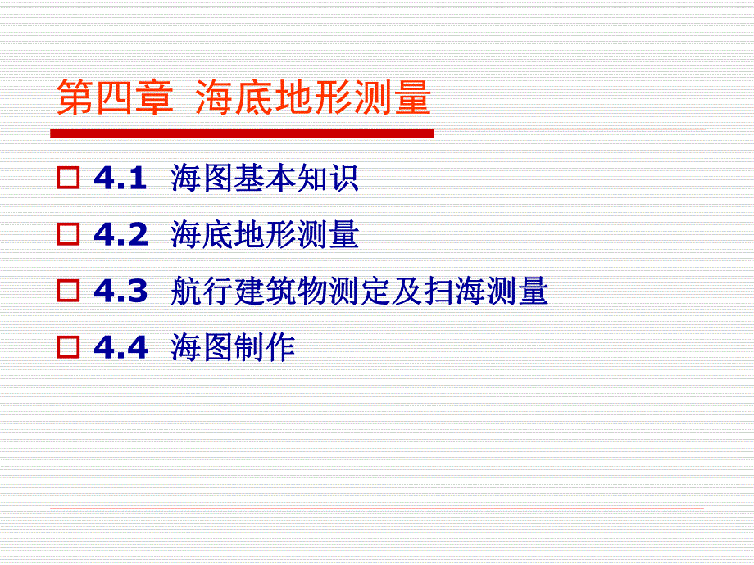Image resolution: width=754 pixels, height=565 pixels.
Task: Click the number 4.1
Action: [x=120, y=179]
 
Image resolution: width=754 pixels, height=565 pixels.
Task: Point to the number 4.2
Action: [x=120, y=235]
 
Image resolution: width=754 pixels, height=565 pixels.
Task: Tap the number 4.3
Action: [x=120, y=292]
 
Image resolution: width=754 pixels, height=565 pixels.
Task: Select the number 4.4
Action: [x=120, y=348]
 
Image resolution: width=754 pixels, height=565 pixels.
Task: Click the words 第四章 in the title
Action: [x=115, y=99]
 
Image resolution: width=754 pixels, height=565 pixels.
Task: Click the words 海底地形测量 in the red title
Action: [x=313, y=99]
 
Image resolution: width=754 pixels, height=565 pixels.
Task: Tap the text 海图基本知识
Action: [x=265, y=179]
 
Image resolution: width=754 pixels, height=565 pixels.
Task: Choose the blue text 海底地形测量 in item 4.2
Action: [x=265, y=235]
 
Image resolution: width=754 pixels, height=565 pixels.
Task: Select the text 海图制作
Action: [x=233, y=348]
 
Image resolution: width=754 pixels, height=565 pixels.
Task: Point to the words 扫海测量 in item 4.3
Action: [x=486, y=292]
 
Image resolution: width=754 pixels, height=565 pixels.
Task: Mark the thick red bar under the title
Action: [x=242, y=133]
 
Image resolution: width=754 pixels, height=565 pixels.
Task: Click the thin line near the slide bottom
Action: [x=377, y=508]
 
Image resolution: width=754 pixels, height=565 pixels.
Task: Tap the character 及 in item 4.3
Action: [x=407, y=292]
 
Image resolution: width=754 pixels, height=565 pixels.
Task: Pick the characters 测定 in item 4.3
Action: [x=360, y=292]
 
